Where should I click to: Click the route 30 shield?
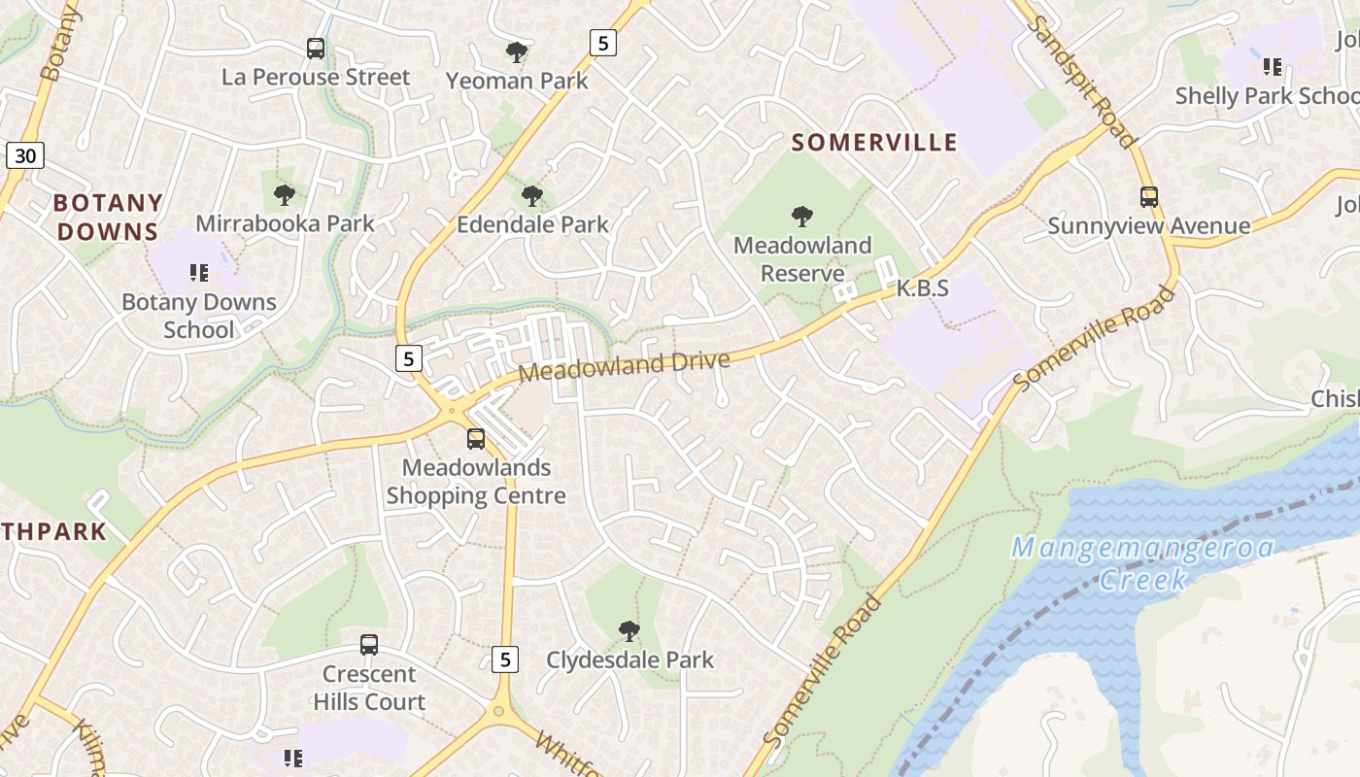click(x=25, y=154)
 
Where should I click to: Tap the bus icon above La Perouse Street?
click(x=316, y=48)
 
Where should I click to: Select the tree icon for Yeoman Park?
click(x=517, y=51)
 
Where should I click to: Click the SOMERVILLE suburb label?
click(x=874, y=143)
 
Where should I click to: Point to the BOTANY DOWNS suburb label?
click(x=107, y=218)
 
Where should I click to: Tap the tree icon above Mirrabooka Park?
click(x=285, y=195)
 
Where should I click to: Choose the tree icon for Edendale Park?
click(x=532, y=196)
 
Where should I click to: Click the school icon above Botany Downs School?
click(x=199, y=273)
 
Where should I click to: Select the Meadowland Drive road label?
click(x=624, y=366)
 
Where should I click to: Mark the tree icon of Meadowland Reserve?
click(x=802, y=216)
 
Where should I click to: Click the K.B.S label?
click(x=922, y=288)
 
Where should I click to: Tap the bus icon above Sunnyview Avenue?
click(x=1149, y=197)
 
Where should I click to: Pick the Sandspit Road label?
click(x=1084, y=83)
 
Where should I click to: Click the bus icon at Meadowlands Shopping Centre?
click(x=476, y=439)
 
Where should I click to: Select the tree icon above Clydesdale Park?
click(x=629, y=631)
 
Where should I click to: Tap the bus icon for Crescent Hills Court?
click(x=369, y=644)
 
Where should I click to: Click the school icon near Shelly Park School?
click(x=1273, y=67)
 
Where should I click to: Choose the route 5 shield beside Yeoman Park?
click(x=603, y=43)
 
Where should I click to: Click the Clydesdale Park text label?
click(x=629, y=660)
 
